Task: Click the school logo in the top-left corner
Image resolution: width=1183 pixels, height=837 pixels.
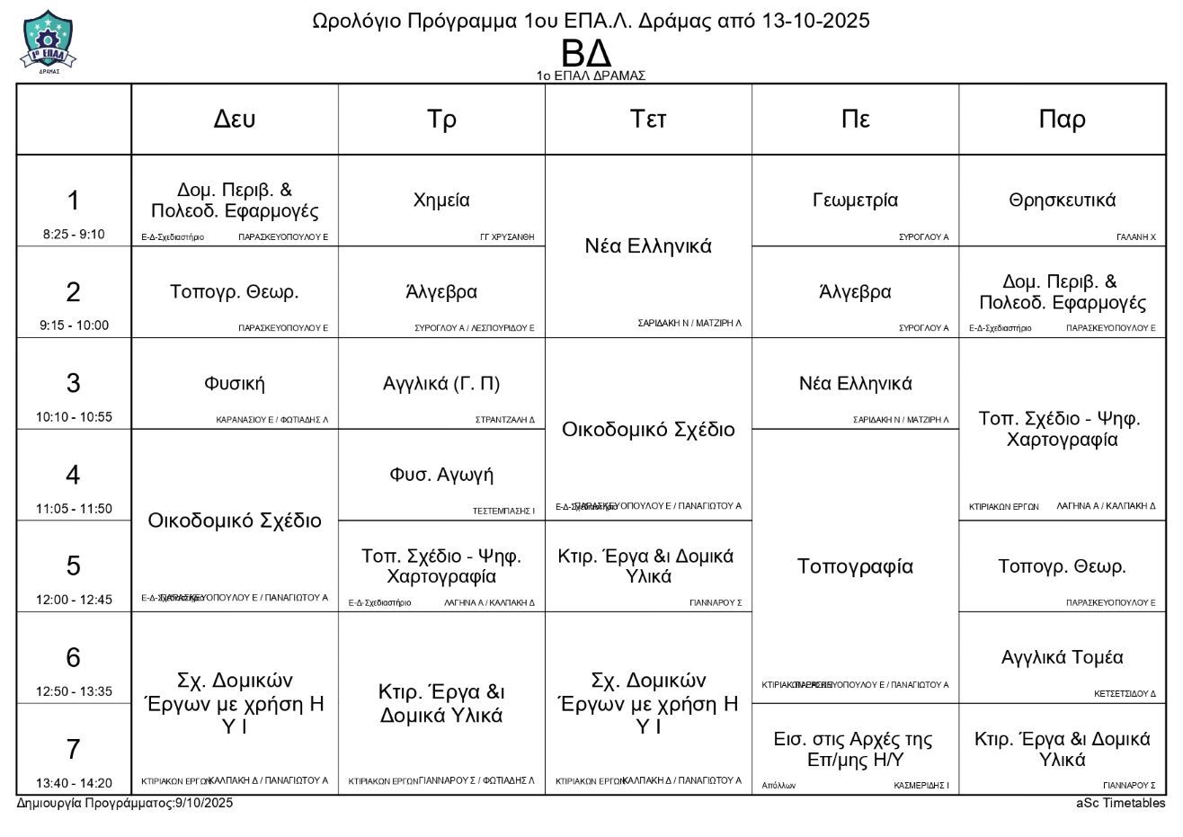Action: pyautogui.click(x=48, y=41)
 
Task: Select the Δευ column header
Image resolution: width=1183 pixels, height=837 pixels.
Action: pyautogui.click(x=235, y=120)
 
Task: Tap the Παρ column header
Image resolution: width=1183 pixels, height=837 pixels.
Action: pyautogui.click(x=1062, y=120)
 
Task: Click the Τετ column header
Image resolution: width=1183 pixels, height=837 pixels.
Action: pyautogui.click(x=648, y=120)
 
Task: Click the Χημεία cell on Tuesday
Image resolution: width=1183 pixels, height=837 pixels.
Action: pyautogui.click(x=441, y=200)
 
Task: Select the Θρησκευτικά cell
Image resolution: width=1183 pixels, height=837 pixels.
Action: pyautogui.click(x=1062, y=200)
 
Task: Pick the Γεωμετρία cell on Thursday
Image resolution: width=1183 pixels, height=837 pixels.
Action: pyautogui.click(x=855, y=200)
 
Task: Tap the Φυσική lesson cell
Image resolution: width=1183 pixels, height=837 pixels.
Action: pyautogui.click(x=235, y=384)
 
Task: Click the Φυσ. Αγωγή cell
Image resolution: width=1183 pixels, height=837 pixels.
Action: pyautogui.click(x=441, y=475)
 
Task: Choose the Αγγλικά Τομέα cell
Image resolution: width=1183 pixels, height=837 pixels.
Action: pyautogui.click(x=1062, y=657)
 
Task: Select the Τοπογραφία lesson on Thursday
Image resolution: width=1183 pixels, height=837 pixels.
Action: pyautogui.click(x=855, y=566)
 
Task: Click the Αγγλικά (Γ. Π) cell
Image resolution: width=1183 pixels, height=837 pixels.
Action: pyautogui.click(x=441, y=384)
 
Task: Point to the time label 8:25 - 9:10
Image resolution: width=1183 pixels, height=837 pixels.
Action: pyautogui.click(x=74, y=235)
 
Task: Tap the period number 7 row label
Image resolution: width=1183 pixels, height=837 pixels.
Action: pyautogui.click(x=74, y=749)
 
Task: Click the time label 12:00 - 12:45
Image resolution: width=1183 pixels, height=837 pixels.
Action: pyautogui.click(x=74, y=600)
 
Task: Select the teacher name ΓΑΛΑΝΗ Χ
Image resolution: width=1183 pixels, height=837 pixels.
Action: pyautogui.click(x=1135, y=237)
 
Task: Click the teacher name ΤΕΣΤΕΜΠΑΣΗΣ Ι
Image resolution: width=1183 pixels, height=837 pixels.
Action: pyautogui.click(x=503, y=511)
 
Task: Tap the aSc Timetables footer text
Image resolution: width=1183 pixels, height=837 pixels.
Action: pyautogui.click(x=1120, y=803)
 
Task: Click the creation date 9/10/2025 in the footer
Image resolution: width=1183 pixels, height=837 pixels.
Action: pyautogui.click(x=204, y=803)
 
